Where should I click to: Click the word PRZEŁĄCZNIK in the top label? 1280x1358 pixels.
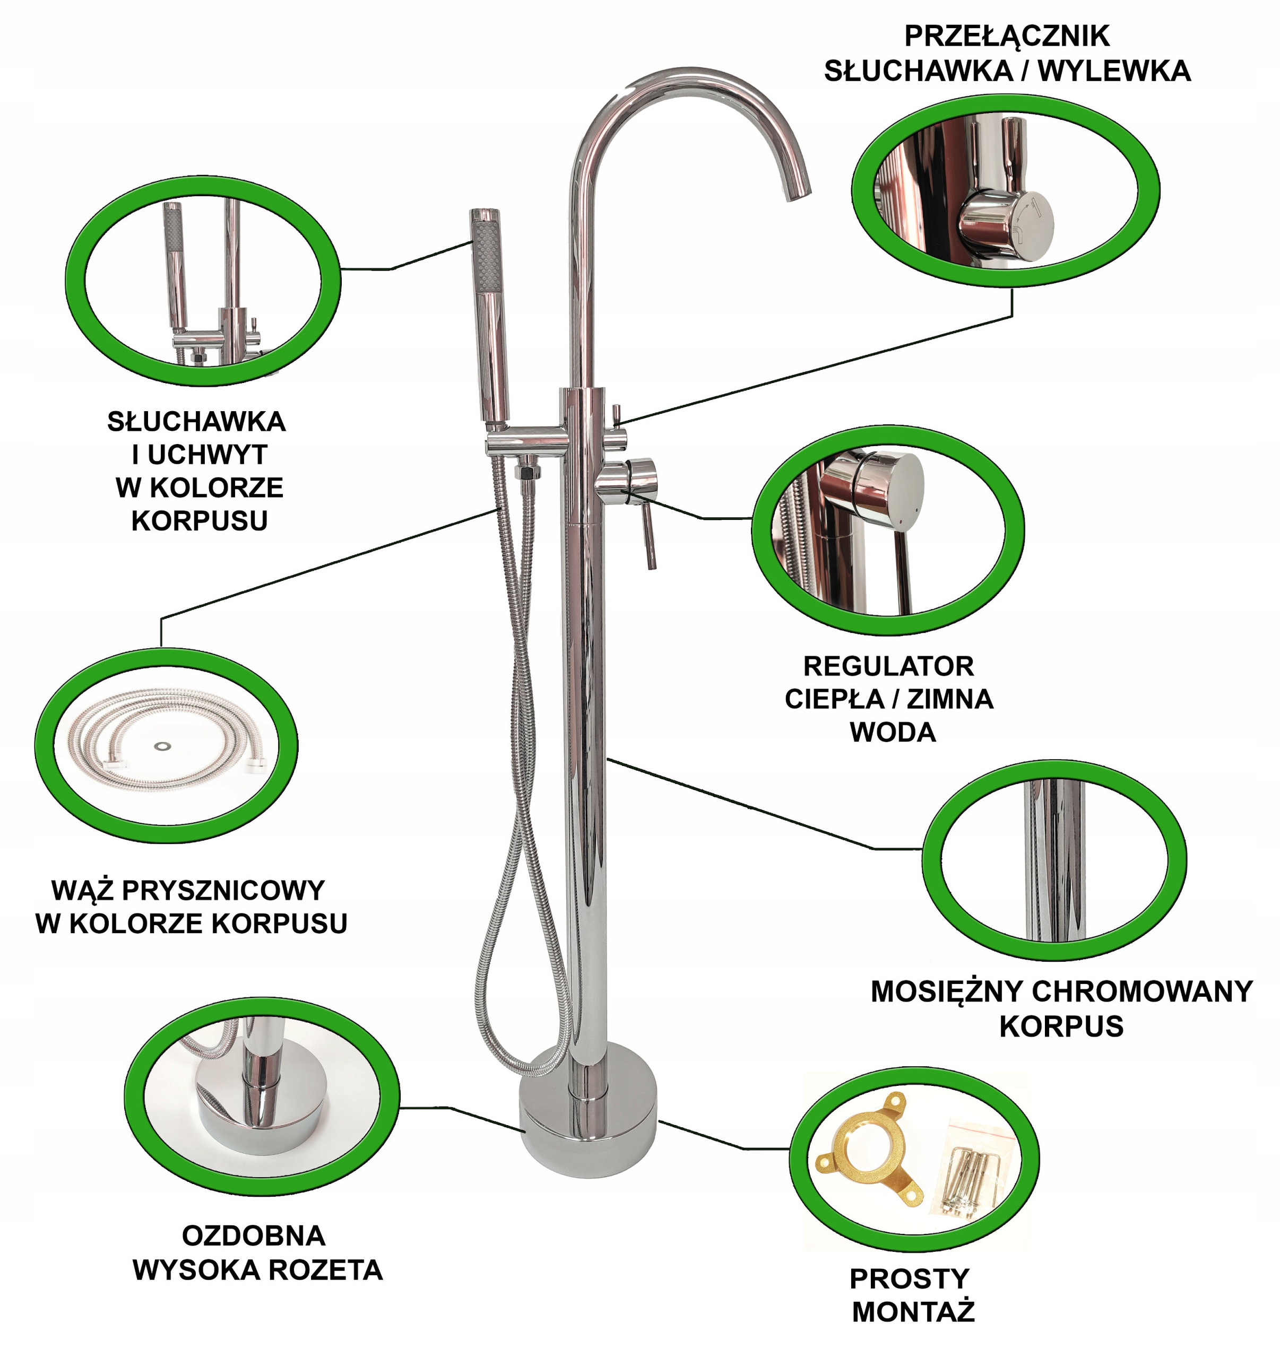1007,36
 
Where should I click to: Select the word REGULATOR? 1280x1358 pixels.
888,666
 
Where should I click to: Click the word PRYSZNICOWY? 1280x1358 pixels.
223,891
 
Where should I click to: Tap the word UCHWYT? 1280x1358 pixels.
207,454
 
